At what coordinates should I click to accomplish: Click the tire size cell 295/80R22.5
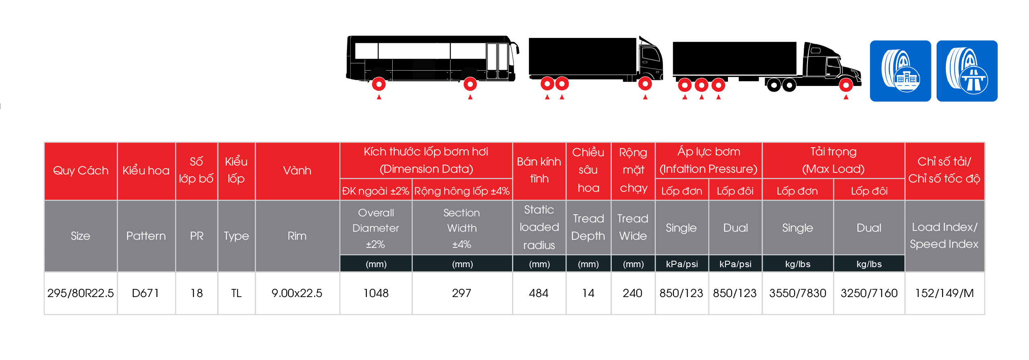pyautogui.click(x=80, y=293)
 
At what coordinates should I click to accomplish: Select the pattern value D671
pyautogui.click(x=146, y=293)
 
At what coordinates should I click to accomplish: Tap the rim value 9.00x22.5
pyautogui.click(x=297, y=293)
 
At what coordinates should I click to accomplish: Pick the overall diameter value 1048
pyautogui.click(x=376, y=293)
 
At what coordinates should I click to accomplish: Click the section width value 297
pyautogui.click(x=462, y=293)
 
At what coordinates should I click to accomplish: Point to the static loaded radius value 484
pyautogui.click(x=539, y=293)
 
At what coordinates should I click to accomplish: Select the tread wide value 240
pyautogui.click(x=632, y=293)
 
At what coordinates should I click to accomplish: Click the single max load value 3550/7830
pyautogui.click(x=797, y=293)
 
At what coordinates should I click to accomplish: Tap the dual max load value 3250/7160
pyautogui.click(x=869, y=293)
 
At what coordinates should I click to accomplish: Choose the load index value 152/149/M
pyautogui.click(x=944, y=293)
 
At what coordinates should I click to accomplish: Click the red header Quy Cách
pyautogui.click(x=81, y=171)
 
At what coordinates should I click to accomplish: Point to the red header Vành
pyautogui.click(x=297, y=170)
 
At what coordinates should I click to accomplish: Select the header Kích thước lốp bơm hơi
pyautogui.click(x=426, y=152)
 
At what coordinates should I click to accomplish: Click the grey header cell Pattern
pyautogui.click(x=146, y=236)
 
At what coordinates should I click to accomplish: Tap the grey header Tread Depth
pyautogui.click(x=588, y=227)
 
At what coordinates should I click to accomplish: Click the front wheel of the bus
pyautogui.click(x=470, y=84)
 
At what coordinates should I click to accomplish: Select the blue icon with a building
pyautogui.click(x=900, y=71)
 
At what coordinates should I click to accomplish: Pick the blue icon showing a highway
pyautogui.click(x=967, y=71)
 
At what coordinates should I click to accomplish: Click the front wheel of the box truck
pyautogui.click(x=645, y=84)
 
